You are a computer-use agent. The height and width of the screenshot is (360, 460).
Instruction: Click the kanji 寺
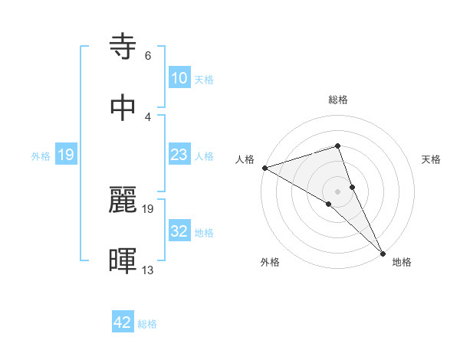124,47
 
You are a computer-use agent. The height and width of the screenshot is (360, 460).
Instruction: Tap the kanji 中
124,107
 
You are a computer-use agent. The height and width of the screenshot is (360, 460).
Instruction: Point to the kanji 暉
124,260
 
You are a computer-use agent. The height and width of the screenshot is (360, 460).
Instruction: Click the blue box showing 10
179,78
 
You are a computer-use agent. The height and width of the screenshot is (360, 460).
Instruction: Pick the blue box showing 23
179,155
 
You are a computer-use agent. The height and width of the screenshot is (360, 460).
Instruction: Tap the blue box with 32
179,232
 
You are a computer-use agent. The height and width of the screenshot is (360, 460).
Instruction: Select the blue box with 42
123,322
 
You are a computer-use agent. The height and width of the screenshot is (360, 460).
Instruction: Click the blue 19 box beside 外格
66,155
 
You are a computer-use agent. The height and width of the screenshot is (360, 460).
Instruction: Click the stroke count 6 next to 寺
148,56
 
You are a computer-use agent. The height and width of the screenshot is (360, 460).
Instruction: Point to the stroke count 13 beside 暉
148,270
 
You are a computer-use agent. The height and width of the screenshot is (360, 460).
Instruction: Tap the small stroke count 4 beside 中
148,116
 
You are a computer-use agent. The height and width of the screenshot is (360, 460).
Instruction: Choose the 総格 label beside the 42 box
147,323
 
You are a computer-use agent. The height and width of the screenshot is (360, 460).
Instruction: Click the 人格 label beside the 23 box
204,156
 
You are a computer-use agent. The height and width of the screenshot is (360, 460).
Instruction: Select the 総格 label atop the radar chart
337,100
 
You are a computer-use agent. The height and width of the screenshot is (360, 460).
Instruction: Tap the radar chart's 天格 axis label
432,159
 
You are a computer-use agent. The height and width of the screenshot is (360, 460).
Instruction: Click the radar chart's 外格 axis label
270,262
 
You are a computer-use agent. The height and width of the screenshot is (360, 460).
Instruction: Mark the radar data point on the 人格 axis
264,167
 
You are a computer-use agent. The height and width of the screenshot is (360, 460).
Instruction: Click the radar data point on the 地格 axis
383,253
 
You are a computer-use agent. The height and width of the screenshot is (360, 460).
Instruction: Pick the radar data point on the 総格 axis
337,146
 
